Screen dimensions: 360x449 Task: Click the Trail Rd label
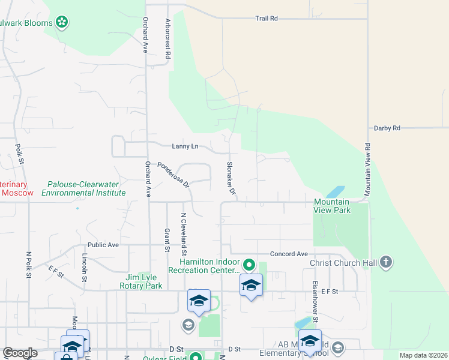coord(266,19)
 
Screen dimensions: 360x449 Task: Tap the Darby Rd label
coord(387,128)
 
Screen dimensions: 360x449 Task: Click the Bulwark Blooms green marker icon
coord(61,23)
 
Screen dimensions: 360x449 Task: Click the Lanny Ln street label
coord(185,146)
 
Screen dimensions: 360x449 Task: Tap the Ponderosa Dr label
coord(173,174)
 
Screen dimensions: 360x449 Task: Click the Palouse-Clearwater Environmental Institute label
coord(83,188)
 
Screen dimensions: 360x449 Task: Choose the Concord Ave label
coord(288,254)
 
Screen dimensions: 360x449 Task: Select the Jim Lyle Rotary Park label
coord(136,281)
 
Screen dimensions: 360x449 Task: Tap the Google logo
coord(20,353)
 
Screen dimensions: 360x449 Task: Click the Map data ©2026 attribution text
coord(423,355)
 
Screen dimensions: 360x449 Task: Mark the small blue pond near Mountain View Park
coord(336,191)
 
